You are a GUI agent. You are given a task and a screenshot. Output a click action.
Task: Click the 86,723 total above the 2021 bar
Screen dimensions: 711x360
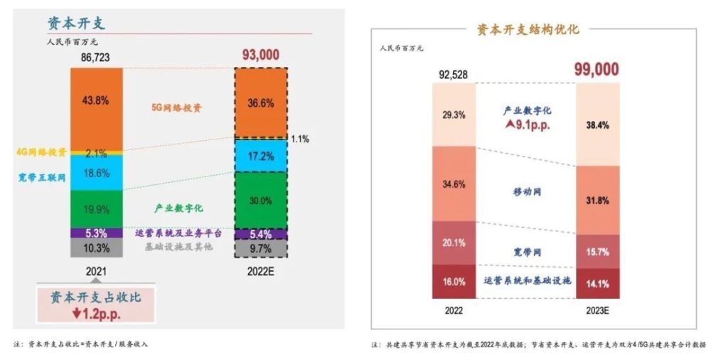click(95, 58)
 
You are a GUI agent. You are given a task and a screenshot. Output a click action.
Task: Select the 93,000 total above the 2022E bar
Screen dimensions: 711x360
click(261, 55)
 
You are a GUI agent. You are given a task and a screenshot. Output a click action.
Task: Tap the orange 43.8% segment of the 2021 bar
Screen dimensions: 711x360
click(97, 109)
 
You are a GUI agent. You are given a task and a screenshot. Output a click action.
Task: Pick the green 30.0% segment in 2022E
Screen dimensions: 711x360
click(261, 200)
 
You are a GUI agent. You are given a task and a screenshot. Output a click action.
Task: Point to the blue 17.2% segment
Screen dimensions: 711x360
click(261, 156)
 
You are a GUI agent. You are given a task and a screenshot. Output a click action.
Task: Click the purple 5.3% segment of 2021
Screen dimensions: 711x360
click(97, 233)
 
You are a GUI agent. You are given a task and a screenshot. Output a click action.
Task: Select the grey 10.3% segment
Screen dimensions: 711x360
click(97, 248)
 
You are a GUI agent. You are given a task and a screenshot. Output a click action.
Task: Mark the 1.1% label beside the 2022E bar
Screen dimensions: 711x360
click(300, 139)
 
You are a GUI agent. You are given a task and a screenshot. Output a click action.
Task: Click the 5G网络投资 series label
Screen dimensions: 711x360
click(176, 107)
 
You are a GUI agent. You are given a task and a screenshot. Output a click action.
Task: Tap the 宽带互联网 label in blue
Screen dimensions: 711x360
click(42, 177)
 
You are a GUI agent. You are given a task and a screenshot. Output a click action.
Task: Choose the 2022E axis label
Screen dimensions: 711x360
click(261, 272)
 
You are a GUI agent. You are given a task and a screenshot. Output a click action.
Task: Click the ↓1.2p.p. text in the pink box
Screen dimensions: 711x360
click(96, 314)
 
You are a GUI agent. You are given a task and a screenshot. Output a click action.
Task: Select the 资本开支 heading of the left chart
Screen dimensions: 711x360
click(76, 23)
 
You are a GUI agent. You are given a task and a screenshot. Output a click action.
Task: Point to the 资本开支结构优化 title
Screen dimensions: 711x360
click(528, 29)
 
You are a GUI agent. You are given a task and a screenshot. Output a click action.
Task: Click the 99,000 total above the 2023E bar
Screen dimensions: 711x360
click(597, 70)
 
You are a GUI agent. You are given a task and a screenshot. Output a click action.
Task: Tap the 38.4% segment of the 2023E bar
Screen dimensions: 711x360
click(598, 125)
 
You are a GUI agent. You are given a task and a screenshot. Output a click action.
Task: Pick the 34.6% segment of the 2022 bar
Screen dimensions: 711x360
click(454, 184)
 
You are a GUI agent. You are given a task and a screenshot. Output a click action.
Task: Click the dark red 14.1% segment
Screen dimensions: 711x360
click(598, 283)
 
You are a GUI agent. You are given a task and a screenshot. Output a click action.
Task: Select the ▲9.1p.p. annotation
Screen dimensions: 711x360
click(528, 125)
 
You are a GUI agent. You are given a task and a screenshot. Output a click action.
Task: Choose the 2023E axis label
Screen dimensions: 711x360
click(598, 310)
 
